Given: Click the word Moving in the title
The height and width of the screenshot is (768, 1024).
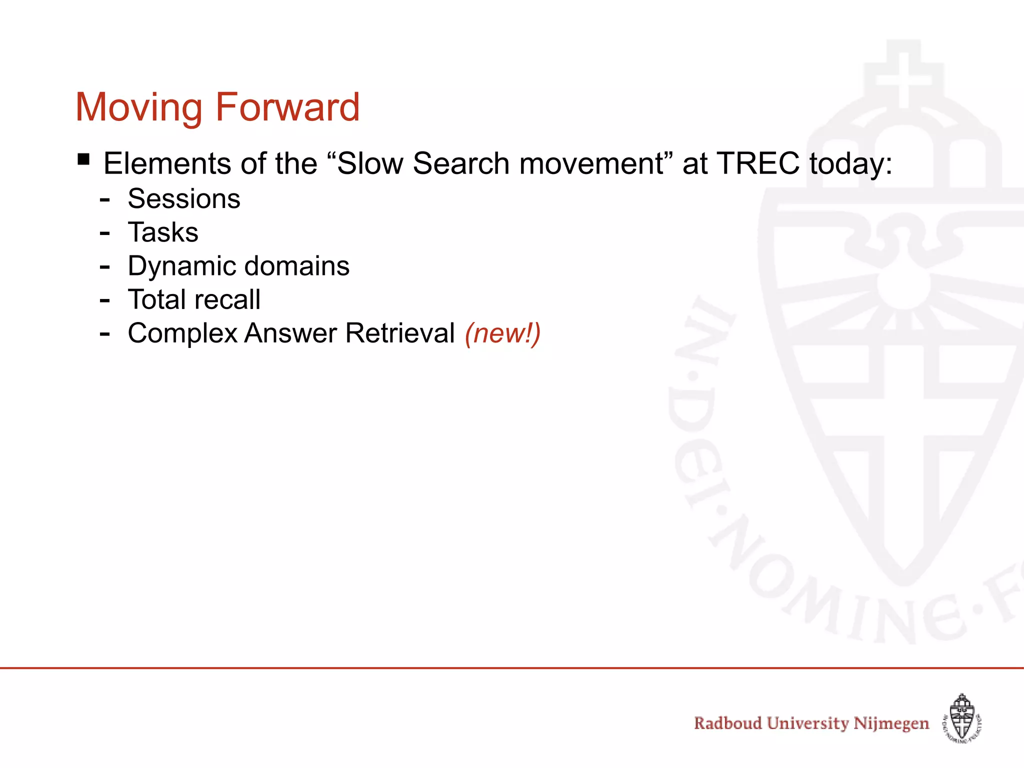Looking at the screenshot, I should [x=139, y=107].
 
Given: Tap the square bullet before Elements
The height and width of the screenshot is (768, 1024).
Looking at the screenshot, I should [x=84, y=160].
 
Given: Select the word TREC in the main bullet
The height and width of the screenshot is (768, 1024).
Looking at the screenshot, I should [x=757, y=163].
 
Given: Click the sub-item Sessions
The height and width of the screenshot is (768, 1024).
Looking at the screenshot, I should [x=184, y=199].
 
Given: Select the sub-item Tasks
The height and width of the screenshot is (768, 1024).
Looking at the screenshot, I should [x=163, y=232].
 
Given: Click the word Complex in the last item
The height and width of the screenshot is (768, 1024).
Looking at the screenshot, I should [x=182, y=333].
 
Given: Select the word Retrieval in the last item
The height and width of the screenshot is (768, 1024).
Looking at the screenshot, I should [x=400, y=333].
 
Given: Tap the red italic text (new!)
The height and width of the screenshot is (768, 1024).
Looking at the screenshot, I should [x=502, y=333].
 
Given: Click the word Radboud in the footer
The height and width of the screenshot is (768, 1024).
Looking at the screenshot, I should [x=727, y=723].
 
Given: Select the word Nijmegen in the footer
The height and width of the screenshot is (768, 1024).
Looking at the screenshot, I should [x=891, y=723].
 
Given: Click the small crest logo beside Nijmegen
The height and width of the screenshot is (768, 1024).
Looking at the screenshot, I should [x=962, y=718].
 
